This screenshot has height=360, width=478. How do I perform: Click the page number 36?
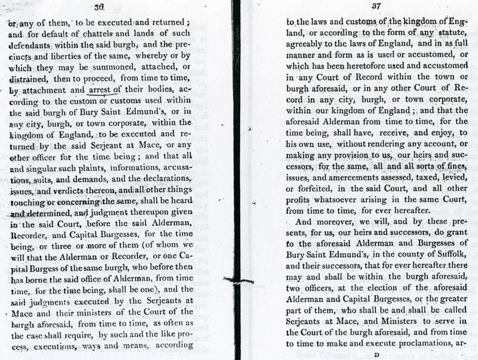100,7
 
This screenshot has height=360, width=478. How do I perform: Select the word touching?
26,204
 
